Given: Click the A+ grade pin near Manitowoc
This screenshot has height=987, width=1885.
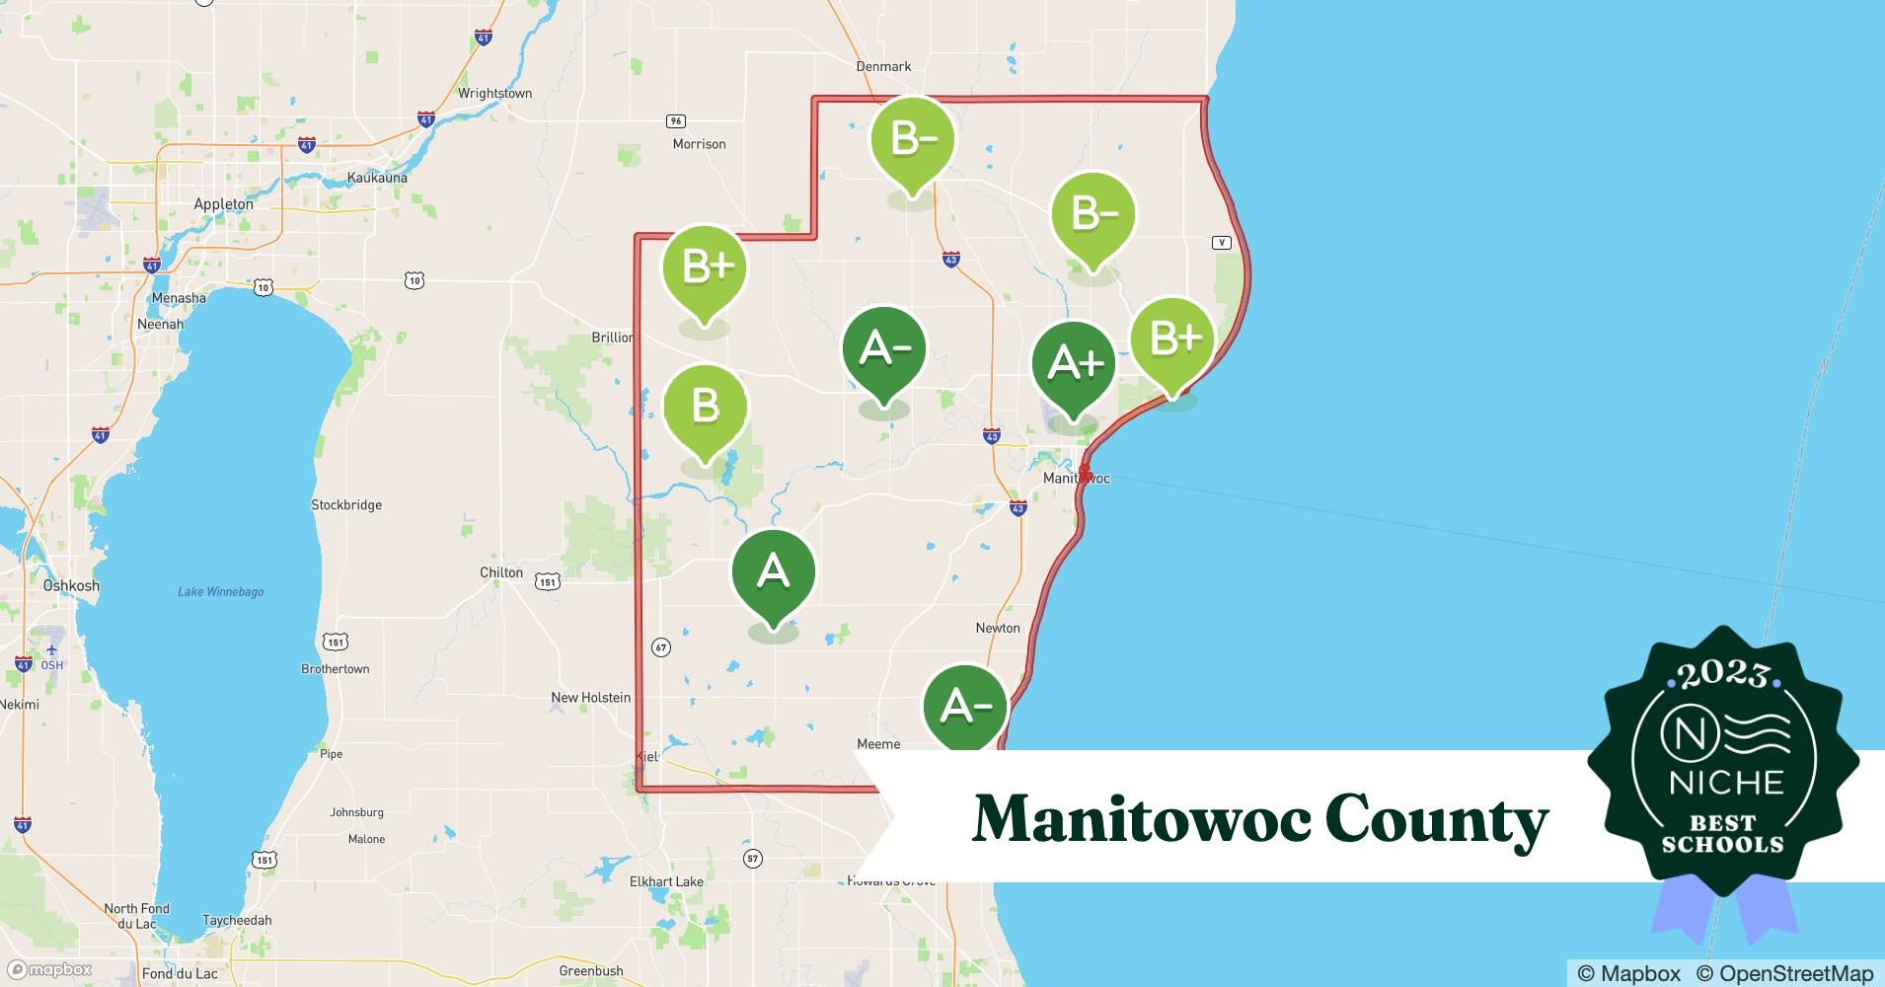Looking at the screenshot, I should tap(1073, 364).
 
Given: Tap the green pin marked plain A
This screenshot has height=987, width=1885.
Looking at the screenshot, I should tap(773, 571).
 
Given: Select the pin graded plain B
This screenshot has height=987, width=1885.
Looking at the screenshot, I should tap(705, 407).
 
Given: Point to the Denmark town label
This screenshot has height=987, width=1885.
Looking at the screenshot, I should tap(883, 66).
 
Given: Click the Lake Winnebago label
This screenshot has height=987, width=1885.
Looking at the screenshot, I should tap(220, 591).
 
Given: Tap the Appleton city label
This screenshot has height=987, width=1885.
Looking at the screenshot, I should tap(223, 204).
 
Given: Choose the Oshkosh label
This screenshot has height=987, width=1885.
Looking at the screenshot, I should tap(71, 585).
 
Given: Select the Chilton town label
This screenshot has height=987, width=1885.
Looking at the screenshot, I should tap(501, 572).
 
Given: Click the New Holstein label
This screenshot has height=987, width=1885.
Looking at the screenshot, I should tap(590, 697).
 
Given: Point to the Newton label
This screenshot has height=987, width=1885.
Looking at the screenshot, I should tap(998, 628).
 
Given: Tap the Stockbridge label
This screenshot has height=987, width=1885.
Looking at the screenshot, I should tap(346, 504).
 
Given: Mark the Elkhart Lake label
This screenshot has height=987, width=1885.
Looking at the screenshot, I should tap(666, 881).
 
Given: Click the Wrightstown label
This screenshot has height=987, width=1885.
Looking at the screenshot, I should tap(494, 94).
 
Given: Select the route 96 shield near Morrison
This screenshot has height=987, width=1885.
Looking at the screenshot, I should tap(675, 121).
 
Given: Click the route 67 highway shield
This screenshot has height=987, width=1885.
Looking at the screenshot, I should tap(661, 648).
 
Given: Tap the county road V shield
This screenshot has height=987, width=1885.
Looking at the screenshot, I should tap(1222, 243).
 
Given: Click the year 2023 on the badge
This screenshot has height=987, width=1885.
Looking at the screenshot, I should tap(1722, 675).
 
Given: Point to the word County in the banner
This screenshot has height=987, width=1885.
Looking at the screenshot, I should tap(1436, 820).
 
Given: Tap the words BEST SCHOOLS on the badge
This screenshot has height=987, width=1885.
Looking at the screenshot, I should tap(1722, 834).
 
